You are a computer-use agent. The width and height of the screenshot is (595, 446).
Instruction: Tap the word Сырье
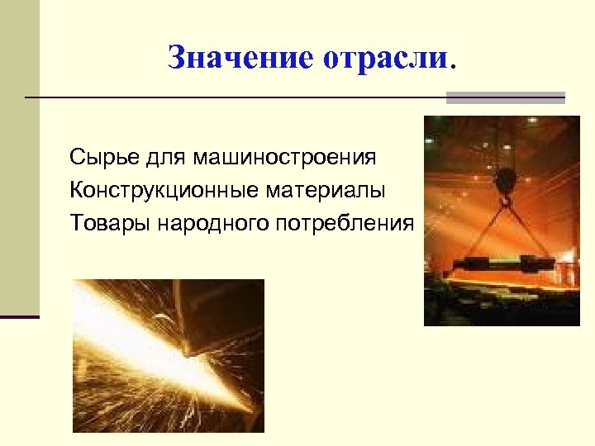coord(99,157)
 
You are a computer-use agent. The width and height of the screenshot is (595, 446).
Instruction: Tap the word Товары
coord(102,223)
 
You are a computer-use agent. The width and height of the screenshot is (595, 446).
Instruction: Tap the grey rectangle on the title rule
coord(505,97)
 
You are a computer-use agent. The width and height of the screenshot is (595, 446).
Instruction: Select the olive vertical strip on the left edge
coord(19,157)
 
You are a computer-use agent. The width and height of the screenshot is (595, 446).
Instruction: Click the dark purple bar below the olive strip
coord(19,316)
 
